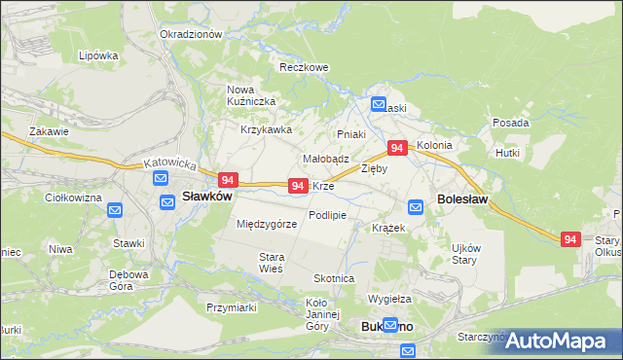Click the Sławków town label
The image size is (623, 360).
click(x=207, y=196)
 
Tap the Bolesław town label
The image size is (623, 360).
click(x=463, y=198)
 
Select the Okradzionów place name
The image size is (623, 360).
click(x=191, y=34)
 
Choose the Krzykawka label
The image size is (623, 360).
click(x=266, y=129)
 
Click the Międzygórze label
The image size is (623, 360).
click(x=267, y=224)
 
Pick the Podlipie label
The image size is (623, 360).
click(x=327, y=214)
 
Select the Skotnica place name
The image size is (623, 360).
click(x=333, y=278)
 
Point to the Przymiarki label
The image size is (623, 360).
click(x=231, y=306)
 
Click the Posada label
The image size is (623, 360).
click(x=510, y=124)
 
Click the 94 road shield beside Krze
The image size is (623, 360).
click(x=299, y=185)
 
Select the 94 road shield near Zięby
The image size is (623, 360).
click(x=396, y=148)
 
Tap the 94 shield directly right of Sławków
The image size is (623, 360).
click(x=228, y=180)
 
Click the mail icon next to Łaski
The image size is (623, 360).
click(x=379, y=105)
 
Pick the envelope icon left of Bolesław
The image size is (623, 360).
click(x=416, y=206)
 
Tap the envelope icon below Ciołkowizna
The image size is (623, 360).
click(x=114, y=210)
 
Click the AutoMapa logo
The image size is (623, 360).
click(x=555, y=341)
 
